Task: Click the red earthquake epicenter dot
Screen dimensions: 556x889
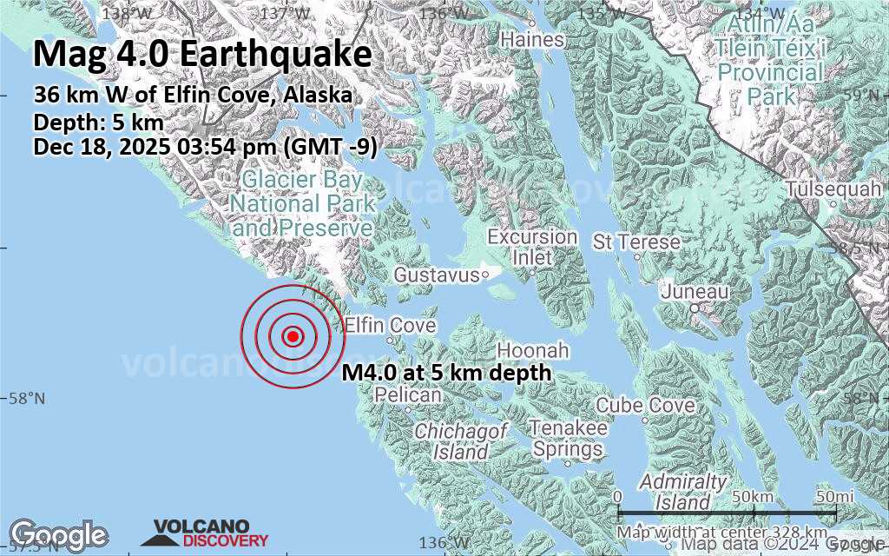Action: click(293, 336)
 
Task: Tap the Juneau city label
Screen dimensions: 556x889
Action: click(694, 292)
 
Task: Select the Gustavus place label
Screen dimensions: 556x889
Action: click(436, 275)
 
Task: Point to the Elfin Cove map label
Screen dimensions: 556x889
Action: click(390, 326)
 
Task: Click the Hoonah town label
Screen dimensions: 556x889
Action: click(532, 350)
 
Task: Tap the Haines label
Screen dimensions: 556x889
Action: click(532, 40)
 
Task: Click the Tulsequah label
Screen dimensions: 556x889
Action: click(824, 189)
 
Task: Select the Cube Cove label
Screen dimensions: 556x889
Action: click(645, 405)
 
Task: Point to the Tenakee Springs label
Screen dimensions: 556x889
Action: click(569, 439)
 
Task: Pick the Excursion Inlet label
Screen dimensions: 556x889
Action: click(532, 247)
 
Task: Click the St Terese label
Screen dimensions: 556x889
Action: click(636, 241)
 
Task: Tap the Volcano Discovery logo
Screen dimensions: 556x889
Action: click(201, 533)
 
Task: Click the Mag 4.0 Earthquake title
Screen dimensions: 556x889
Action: click(202, 54)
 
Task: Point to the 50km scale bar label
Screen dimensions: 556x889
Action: click(751, 495)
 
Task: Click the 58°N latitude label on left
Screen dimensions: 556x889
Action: click(26, 398)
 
